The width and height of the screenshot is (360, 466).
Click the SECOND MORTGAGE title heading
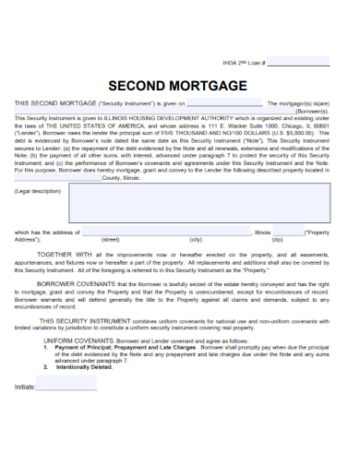(179, 85)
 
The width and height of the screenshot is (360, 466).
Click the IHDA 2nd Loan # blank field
(298, 64)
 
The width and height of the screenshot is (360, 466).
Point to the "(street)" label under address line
(110, 239)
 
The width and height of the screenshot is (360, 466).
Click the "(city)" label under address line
(196, 239)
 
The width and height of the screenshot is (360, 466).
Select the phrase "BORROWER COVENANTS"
(69, 285)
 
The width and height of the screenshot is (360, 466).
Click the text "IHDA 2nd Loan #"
(241, 64)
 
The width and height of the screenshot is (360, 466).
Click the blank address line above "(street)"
(165, 233)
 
